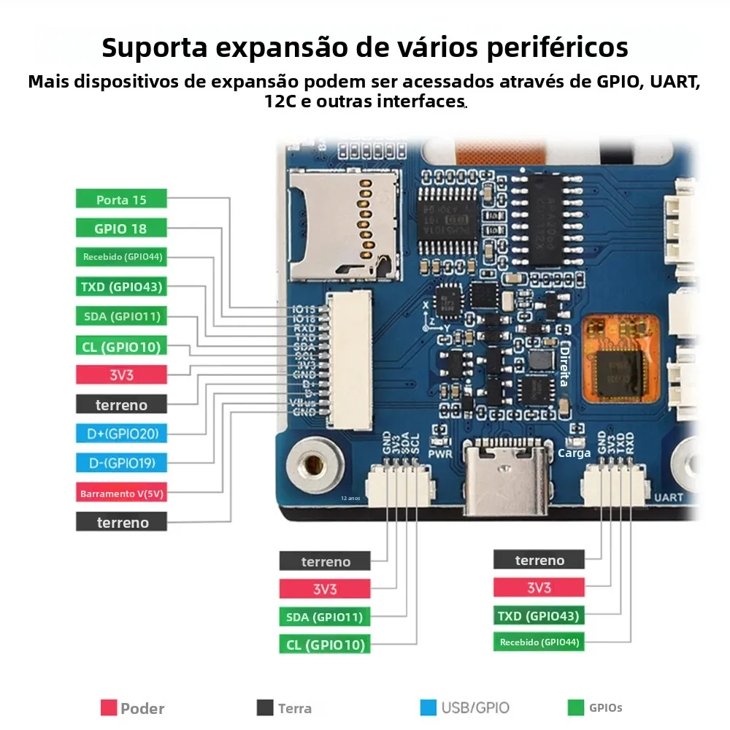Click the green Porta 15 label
click(121, 199)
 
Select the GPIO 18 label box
click(121, 228)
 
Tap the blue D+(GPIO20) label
click(121, 434)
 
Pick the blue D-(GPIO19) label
click(121, 463)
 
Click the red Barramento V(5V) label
click(121, 493)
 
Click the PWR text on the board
click(440, 453)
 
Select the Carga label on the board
click(574, 453)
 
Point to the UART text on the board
click(668, 498)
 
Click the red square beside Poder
click(109, 707)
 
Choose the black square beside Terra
click(265, 707)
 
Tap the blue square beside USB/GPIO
click(429, 707)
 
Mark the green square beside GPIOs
click(576, 707)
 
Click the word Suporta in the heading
click(150, 47)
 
